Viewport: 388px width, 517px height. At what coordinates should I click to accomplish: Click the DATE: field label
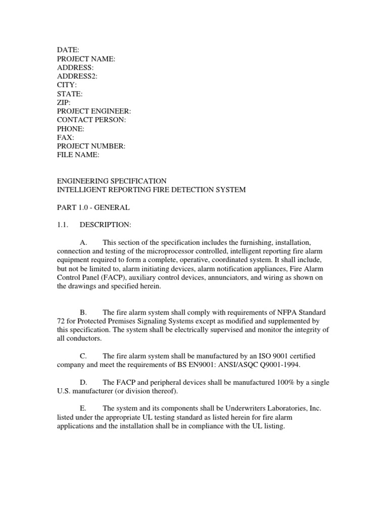point(68,50)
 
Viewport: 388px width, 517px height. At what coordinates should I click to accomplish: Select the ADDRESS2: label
point(77,76)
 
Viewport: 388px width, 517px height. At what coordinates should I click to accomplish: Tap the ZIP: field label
point(64,102)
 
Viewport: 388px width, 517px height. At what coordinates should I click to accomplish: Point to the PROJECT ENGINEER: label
point(94,111)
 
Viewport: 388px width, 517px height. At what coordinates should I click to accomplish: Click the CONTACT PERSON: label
point(91,120)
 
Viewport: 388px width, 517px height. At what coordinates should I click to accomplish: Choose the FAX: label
point(65,137)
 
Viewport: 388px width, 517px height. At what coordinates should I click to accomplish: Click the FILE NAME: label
point(78,155)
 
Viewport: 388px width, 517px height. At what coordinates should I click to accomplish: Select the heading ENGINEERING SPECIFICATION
point(112,181)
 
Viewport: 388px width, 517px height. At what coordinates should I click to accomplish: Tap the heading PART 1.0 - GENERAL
point(93,207)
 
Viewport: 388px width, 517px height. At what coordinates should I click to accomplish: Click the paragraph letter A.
point(84,242)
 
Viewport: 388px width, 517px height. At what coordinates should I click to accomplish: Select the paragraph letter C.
point(84,356)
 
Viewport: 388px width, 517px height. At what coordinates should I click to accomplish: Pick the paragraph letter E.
point(84,408)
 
